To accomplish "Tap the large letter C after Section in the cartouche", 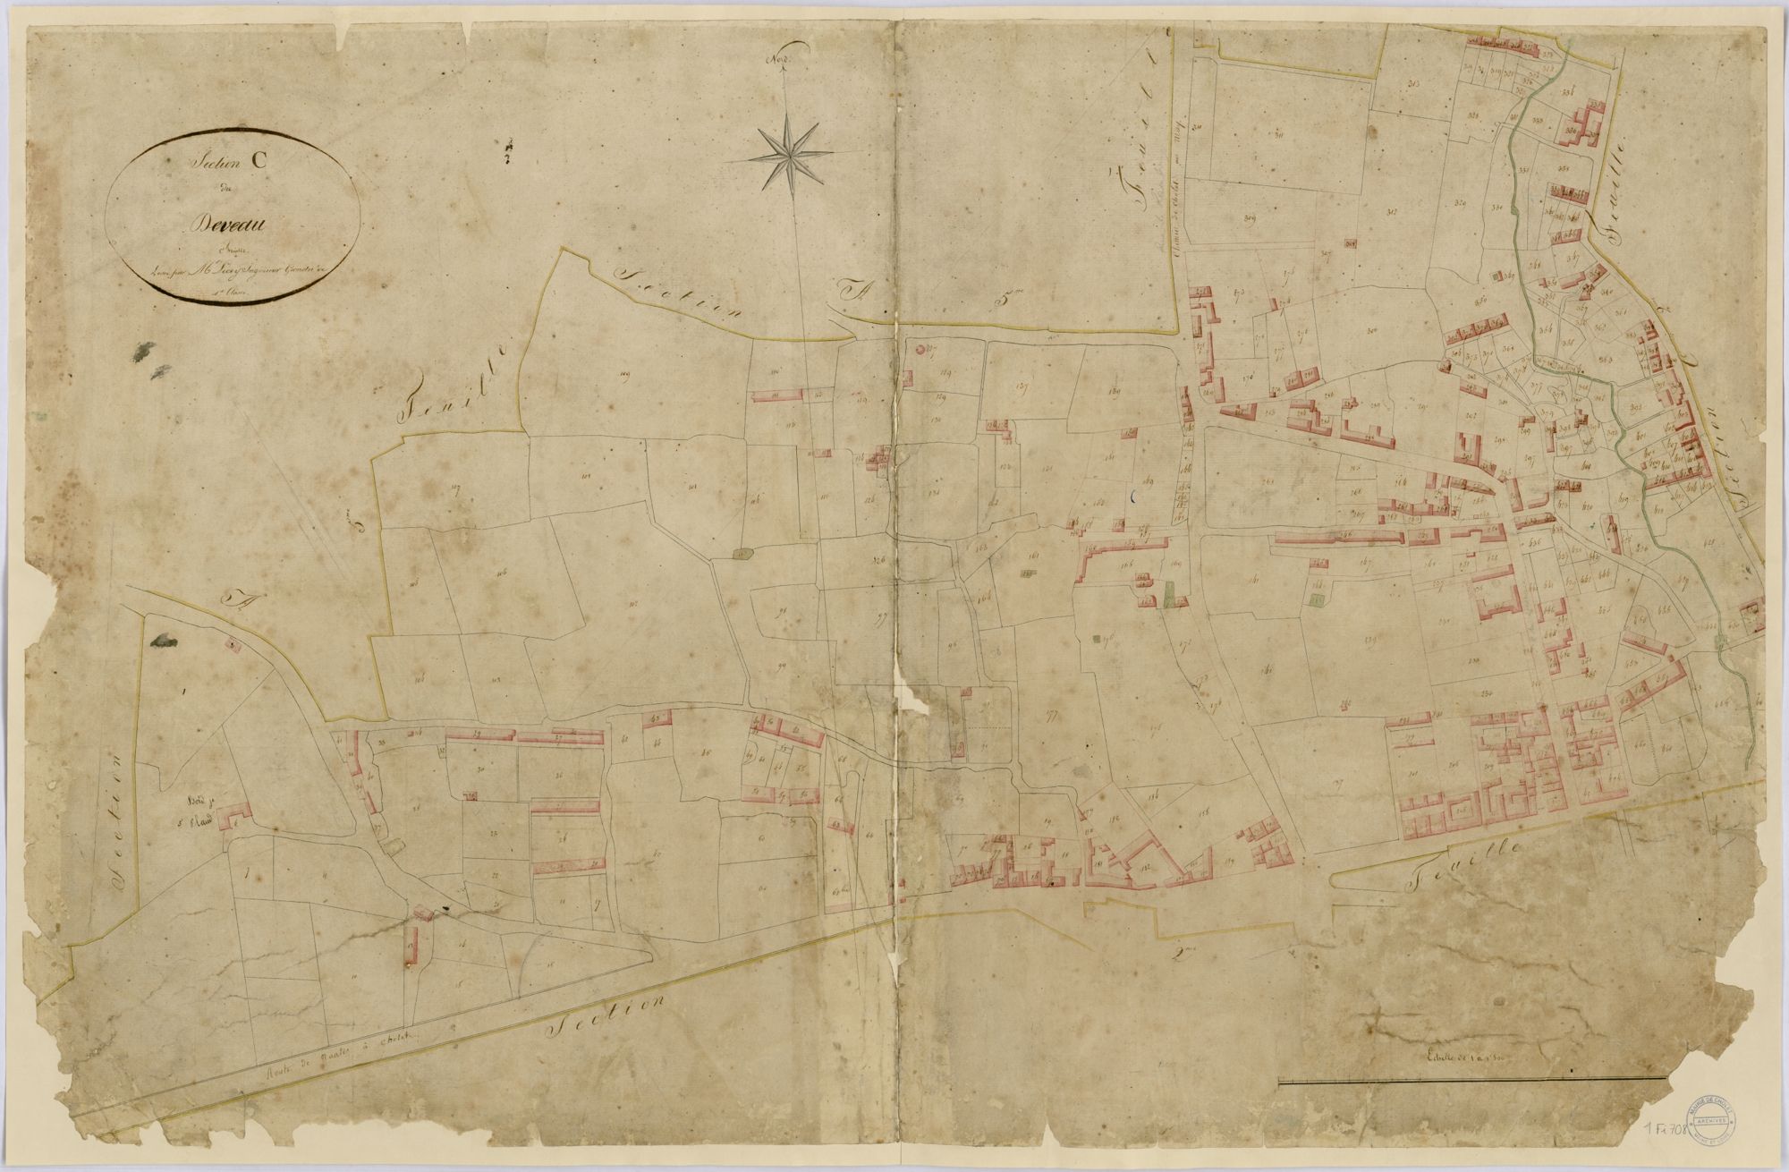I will [x=258, y=162].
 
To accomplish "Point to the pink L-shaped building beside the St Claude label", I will [x=235, y=817].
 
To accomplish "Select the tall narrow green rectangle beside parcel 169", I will [x=1170, y=595].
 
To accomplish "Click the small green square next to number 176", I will [x=1099, y=641].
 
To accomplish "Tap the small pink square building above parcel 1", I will [x=233, y=642].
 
